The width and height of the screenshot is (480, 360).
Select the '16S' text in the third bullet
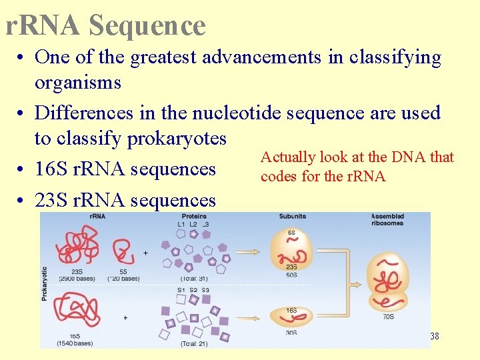click(x=52, y=169)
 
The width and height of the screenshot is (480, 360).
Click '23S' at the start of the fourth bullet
click(x=52, y=200)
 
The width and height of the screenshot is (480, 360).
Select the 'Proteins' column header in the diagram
click(x=194, y=217)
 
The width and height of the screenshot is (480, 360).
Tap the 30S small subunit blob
click(x=291, y=316)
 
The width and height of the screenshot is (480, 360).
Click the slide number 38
click(x=434, y=337)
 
